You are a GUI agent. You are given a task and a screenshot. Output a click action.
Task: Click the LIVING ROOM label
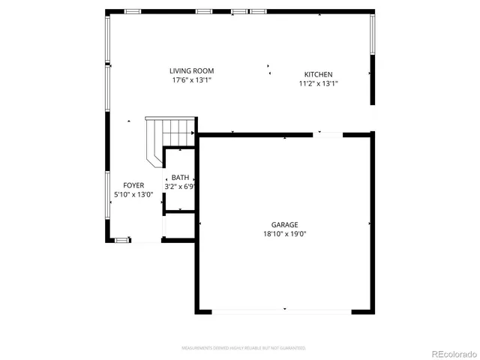[191, 70]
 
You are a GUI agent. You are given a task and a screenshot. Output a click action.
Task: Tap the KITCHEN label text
[318, 74]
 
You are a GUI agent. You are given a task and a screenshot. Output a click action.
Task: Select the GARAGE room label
[284, 224]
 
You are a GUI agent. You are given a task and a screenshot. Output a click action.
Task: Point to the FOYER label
[133, 185]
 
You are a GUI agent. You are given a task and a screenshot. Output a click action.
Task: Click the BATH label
[180, 177]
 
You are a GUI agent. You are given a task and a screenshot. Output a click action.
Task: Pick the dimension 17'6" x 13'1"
[191, 79]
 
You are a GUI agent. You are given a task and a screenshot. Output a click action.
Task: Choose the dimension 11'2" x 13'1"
[318, 83]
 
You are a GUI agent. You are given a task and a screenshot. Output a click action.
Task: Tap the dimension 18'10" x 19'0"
[284, 233]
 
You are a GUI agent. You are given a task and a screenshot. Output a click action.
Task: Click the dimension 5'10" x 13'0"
[133, 194]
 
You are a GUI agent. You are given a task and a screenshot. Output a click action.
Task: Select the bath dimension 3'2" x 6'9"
[180, 186]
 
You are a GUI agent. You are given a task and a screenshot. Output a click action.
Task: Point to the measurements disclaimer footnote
[243, 348]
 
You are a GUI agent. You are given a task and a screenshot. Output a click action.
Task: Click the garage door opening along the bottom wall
[284, 310]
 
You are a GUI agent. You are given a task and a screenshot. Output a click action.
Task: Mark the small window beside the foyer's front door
[121, 240]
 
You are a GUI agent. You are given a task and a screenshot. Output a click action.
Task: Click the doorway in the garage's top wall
[328, 134]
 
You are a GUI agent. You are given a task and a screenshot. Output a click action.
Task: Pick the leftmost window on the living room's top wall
[133, 11]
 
